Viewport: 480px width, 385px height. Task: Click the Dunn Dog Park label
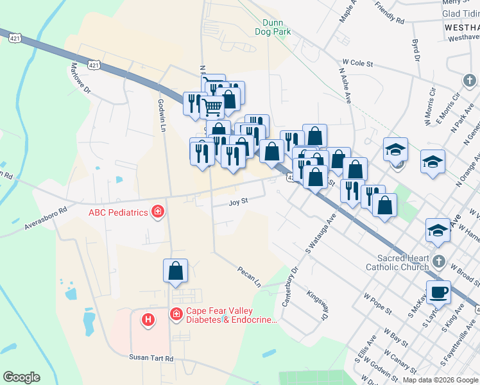pos(273,27)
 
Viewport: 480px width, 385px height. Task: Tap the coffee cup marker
pos(439,293)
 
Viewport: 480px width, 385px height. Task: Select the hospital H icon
pos(148,319)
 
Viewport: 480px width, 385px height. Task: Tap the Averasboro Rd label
pos(46,218)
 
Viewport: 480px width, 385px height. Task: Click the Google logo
pos(21,377)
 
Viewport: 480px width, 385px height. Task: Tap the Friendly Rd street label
pos(390,13)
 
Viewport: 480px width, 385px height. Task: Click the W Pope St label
pos(377,304)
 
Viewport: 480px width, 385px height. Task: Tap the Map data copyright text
pos(440,380)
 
